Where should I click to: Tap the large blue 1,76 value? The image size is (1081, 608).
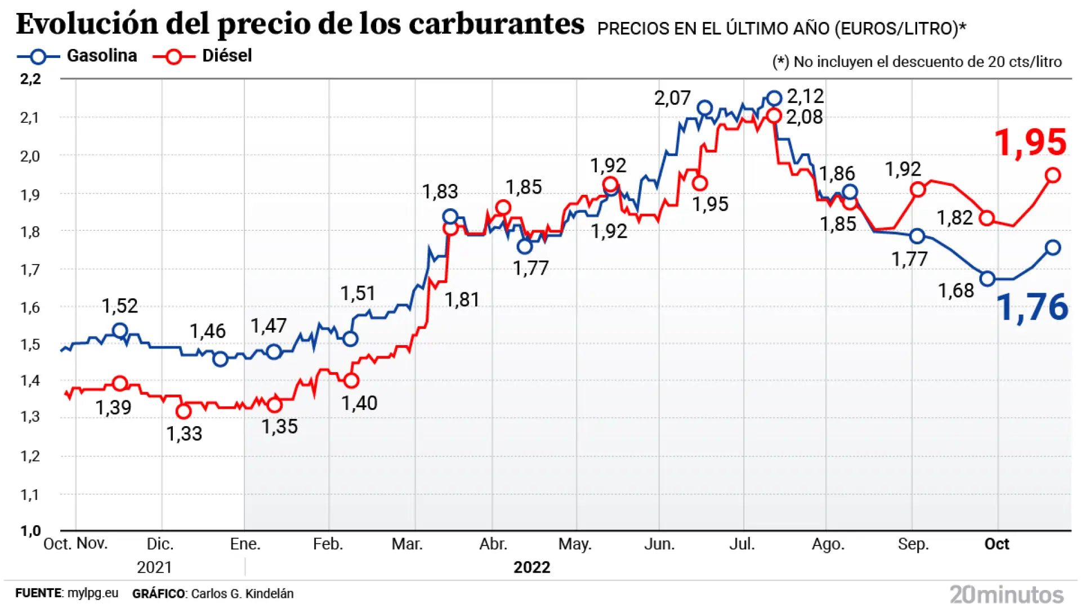click(1032, 307)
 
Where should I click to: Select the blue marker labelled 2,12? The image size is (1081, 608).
click(774, 99)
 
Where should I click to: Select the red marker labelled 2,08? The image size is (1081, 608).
click(774, 116)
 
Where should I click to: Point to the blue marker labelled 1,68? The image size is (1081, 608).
click(988, 279)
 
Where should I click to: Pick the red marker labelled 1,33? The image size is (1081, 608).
click(184, 412)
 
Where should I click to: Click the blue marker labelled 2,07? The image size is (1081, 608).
click(704, 108)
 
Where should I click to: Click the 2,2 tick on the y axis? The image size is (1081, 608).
click(30, 79)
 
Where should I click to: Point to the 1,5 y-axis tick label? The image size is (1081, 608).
click(30, 345)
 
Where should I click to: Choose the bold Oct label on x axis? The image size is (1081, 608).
click(997, 544)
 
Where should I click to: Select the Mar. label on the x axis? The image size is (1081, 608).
click(407, 544)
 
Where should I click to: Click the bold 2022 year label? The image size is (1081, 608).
click(531, 567)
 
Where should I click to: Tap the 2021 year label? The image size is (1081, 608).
click(154, 567)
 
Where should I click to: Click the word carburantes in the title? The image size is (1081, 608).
click(496, 24)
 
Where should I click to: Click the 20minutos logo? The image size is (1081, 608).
click(1007, 594)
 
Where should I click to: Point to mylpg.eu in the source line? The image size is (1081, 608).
click(93, 593)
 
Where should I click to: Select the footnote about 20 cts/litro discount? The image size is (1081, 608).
click(917, 62)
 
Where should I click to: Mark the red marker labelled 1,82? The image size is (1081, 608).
click(986, 218)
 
